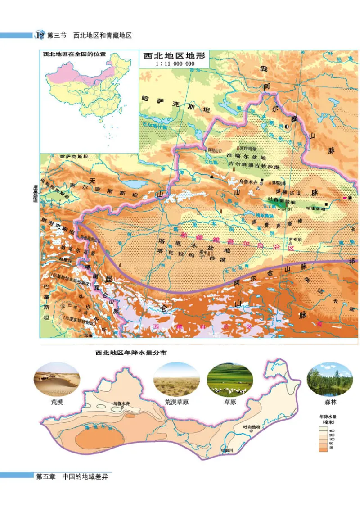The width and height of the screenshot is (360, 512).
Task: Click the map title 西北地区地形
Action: click(174, 57)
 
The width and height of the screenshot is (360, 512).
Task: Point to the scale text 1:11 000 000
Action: click(174, 64)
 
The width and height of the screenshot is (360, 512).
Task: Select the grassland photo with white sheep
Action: click(230, 379)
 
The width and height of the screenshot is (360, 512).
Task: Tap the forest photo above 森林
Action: click(330, 379)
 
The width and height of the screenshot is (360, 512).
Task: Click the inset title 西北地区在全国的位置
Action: click(74, 54)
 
